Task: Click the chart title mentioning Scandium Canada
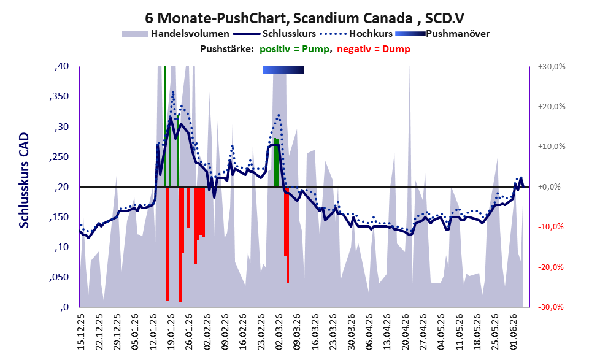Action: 304,18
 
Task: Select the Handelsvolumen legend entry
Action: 175,34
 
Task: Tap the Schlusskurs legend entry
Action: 274,34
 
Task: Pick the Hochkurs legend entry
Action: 356,34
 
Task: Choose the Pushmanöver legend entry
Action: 442,34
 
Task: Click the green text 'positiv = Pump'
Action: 294,49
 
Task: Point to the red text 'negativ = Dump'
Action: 374,49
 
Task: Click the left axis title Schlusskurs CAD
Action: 24,180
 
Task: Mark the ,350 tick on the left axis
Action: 59,96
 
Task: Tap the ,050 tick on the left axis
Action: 59,277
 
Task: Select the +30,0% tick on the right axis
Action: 552,67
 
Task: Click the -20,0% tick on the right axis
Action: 550,267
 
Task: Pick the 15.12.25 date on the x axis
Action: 80,331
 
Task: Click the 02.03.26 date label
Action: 280,331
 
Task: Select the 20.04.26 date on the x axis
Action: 406,331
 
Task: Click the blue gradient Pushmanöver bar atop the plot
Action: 283,70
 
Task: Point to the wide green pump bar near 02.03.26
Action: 277,163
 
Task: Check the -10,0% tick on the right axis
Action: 550,227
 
